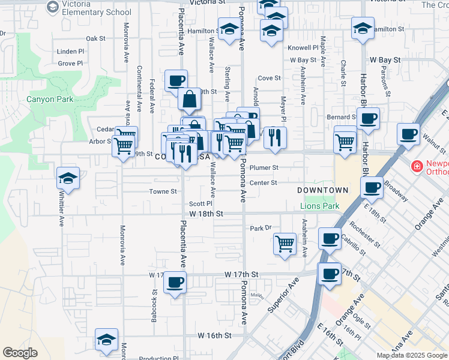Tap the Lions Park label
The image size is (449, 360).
coord(319,206)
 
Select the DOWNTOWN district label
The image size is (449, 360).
coord(323,190)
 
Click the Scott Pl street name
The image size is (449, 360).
coord(200,203)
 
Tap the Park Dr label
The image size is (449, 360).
coord(261,228)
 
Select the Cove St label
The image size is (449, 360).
coord(269,78)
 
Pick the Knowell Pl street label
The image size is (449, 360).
coord(303,47)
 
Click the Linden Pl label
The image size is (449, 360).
coord(71,52)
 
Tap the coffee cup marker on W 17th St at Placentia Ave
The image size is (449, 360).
coord(175,282)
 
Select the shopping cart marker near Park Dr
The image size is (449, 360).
coord(284,244)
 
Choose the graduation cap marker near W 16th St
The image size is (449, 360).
coord(106,339)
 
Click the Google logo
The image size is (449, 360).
coord(20,353)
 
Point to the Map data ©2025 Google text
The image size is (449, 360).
coord(411,355)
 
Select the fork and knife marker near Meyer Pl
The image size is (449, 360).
coord(275,137)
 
